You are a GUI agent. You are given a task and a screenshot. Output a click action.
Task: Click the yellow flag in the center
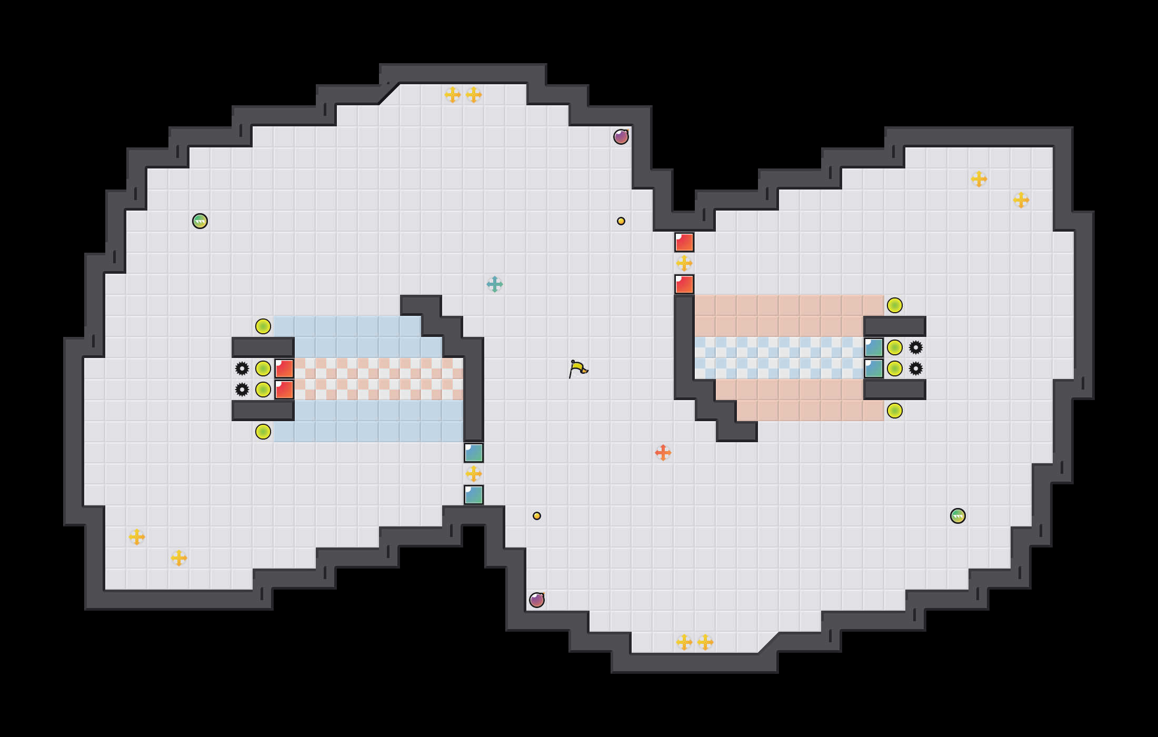[x=577, y=368]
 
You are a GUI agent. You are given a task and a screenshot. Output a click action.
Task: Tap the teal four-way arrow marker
[x=495, y=284]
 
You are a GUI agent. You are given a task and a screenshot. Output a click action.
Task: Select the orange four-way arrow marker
[x=663, y=452]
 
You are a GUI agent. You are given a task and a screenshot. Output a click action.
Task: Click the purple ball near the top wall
[x=621, y=137]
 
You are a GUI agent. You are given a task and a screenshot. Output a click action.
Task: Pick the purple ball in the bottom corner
[x=537, y=600]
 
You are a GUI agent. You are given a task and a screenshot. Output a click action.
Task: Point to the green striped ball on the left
[x=200, y=221]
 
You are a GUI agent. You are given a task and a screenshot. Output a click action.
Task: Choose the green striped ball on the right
[x=958, y=516]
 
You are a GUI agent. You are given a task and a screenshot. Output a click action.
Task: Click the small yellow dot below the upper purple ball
[x=621, y=221]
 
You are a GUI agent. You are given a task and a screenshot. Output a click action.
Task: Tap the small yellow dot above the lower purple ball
[x=537, y=516]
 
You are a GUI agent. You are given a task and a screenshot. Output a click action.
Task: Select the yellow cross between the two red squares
[x=684, y=263]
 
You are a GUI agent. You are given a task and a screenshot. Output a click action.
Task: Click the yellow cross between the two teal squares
[x=474, y=474]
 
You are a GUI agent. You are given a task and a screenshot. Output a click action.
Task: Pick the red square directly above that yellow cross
[x=684, y=242]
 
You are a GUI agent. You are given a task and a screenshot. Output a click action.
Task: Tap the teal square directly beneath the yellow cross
[x=474, y=495]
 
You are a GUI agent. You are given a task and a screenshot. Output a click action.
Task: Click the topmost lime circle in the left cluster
[x=263, y=326]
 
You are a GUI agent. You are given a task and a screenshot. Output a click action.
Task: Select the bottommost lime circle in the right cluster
[x=895, y=411]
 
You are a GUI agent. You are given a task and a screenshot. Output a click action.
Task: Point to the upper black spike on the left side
[x=242, y=368]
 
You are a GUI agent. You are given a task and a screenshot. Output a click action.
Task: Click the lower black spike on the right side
[x=916, y=368]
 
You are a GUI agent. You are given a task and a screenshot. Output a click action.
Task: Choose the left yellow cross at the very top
[x=453, y=95]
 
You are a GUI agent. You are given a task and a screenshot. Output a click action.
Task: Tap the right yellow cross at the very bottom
[x=705, y=642]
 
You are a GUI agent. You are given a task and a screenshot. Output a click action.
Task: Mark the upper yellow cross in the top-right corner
[x=979, y=179]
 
